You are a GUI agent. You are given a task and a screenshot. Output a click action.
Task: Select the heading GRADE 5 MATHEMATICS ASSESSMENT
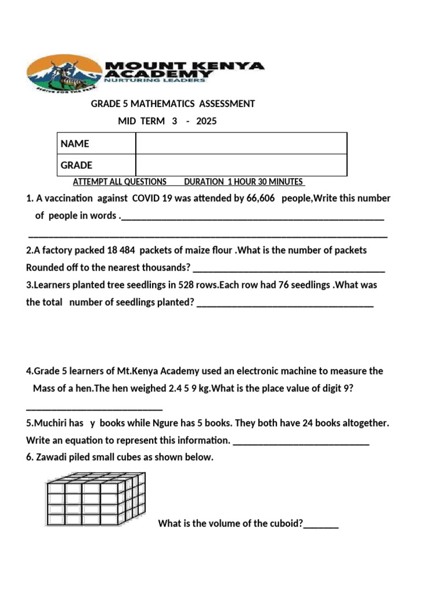click(173, 104)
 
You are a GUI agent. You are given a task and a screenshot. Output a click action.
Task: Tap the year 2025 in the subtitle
click(206, 121)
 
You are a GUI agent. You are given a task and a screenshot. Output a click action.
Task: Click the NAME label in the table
click(75, 143)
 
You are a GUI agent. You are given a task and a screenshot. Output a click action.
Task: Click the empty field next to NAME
click(241, 143)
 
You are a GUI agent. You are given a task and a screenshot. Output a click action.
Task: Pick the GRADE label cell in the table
click(77, 165)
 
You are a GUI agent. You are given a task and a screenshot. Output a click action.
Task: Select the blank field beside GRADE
click(241, 165)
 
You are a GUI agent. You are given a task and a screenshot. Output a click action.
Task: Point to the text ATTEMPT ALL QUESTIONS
click(120, 182)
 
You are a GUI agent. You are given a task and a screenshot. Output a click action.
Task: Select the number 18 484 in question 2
click(121, 250)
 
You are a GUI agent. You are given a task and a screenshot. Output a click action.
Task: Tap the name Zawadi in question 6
click(50, 457)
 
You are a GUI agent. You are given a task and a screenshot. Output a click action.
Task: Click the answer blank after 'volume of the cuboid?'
click(321, 524)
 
